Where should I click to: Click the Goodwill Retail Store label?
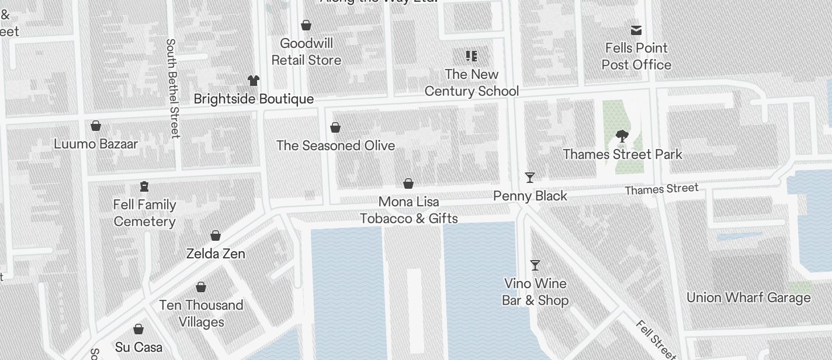(306, 51)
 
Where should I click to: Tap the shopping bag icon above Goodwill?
(306, 26)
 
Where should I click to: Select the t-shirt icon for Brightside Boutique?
(253, 81)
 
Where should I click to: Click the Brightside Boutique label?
(254, 99)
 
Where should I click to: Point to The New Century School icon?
(472, 56)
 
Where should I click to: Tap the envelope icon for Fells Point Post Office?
(636, 30)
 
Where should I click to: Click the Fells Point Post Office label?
(636, 56)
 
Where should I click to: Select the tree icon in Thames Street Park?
(622, 137)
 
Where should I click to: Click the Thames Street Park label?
(622, 154)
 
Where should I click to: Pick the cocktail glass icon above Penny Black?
(530, 177)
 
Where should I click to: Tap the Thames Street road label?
(661, 189)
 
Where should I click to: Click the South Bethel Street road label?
(172, 88)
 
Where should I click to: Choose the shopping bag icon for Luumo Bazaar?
(96, 126)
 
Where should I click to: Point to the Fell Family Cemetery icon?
(144, 186)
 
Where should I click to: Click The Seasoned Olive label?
(335, 146)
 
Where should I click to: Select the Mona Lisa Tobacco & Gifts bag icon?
(408, 184)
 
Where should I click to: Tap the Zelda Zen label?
(215, 254)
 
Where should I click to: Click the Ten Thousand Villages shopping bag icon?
(201, 287)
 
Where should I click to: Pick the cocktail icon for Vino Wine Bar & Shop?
(535, 265)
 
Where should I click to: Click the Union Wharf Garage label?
(748, 297)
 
